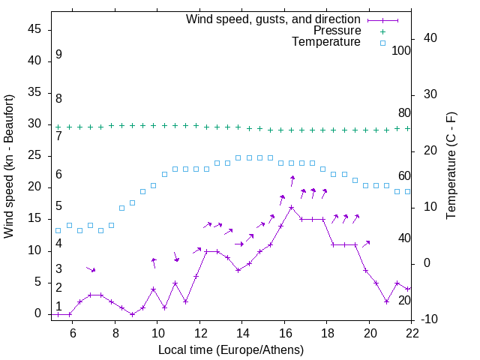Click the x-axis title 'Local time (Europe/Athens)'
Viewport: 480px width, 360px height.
coord(231,350)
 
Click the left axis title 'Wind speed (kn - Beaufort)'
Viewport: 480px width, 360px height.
coord(9,166)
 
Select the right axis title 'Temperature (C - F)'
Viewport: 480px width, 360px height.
coord(451,166)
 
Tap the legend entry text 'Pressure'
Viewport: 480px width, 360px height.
coord(337,31)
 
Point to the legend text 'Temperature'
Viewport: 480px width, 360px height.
coord(326,42)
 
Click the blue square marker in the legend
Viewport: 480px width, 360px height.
coord(382,43)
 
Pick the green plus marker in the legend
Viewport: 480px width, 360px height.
coord(382,31)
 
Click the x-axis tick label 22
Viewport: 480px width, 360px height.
coord(412,333)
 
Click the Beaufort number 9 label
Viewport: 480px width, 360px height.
coord(58,55)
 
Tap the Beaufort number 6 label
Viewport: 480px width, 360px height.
coord(58,175)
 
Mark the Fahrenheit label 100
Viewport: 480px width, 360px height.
coord(401,51)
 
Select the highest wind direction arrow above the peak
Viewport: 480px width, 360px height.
coord(292,181)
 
